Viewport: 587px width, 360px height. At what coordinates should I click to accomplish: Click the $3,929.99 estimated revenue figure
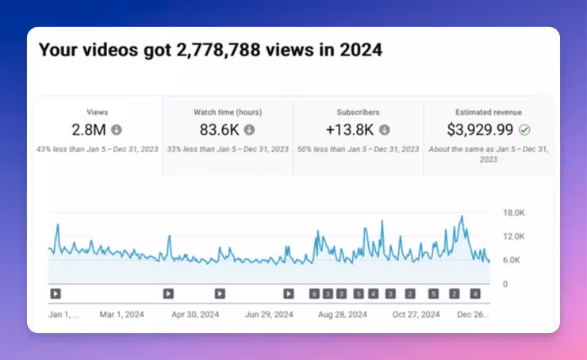pos(481,130)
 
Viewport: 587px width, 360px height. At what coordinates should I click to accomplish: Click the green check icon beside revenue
pos(524,130)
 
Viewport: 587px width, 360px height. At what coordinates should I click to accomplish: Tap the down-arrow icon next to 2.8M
pos(117,130)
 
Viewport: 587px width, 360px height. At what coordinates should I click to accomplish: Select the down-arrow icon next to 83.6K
pos(249,130)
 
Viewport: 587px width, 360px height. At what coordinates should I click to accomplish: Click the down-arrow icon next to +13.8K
pos(385,130)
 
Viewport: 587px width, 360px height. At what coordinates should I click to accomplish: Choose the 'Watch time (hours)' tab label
pos(228,113)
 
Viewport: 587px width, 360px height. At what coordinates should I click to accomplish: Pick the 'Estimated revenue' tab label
pos(489,113)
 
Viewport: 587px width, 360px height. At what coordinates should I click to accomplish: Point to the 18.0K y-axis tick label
pos(515,213)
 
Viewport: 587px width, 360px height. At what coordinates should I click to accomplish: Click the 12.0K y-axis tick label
pos(515,236)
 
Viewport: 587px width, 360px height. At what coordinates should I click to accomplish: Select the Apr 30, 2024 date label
pos(195,315)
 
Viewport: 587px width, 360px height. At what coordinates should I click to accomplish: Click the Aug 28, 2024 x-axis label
pos(343,315)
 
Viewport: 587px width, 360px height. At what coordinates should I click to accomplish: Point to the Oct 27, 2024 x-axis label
pos(415,315)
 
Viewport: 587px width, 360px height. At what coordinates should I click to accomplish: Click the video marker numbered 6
pos(314,293)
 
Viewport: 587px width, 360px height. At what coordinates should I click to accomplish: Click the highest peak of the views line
pos(462,216)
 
